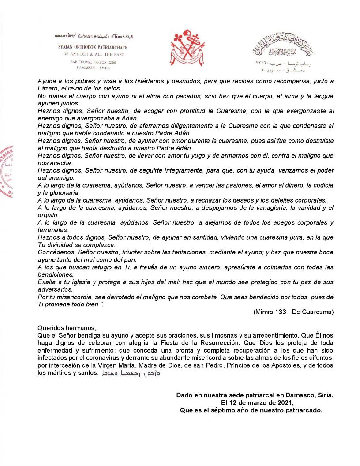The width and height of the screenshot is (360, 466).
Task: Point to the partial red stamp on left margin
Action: [6, 172]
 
